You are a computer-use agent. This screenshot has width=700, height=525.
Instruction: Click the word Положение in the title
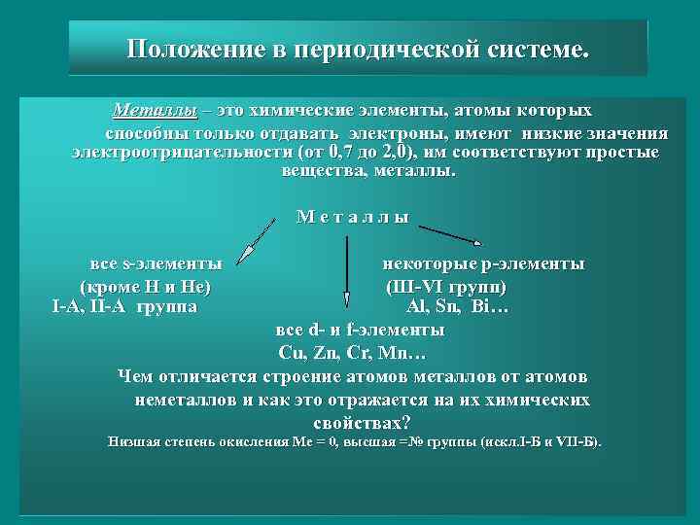pos(191,49)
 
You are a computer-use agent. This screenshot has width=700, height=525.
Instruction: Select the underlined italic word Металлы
pos(155,111)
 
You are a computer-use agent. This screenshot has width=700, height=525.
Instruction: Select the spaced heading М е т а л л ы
pos(352,217)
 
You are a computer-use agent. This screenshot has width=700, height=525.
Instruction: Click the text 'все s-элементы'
pos(156,263)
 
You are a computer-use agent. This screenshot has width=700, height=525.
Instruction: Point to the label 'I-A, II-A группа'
pos(124,307)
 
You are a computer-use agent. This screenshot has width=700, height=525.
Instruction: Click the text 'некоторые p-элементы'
pos(482,263)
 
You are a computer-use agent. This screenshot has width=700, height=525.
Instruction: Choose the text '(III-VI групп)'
pos(446,287)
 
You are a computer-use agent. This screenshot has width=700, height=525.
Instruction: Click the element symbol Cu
pos(291,352)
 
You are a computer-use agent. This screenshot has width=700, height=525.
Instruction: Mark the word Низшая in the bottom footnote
pos(133,441)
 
